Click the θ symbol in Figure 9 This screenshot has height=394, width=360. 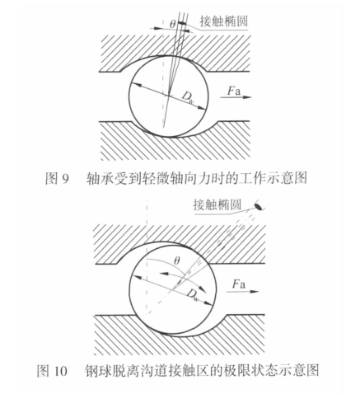172,24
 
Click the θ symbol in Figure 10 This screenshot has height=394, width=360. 177,260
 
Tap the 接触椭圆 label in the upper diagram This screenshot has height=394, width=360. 224,21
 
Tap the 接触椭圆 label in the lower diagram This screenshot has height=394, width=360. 217,204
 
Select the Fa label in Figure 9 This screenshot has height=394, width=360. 234,91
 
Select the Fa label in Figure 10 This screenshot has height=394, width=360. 239,284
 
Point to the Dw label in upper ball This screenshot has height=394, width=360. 189,97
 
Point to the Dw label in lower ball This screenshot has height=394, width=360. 193,295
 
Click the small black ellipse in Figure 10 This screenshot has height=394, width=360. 258,206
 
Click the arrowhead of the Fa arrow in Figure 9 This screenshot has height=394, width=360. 247,97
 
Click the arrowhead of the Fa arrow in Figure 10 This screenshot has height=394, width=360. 255,291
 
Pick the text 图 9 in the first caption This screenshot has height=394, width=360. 56,179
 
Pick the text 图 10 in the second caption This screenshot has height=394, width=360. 52,371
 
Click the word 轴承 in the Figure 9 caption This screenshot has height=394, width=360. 98,179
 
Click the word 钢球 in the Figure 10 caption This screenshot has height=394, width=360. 97,371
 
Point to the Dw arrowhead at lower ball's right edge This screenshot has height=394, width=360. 208,303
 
